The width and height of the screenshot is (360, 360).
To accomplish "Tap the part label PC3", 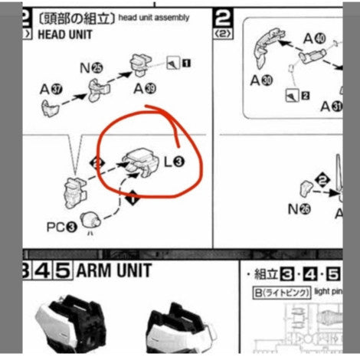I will tap(61, 227).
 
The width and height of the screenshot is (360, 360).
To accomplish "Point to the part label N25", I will tap(90, 67).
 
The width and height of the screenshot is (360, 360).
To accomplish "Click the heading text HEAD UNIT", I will tap(63, 35).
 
